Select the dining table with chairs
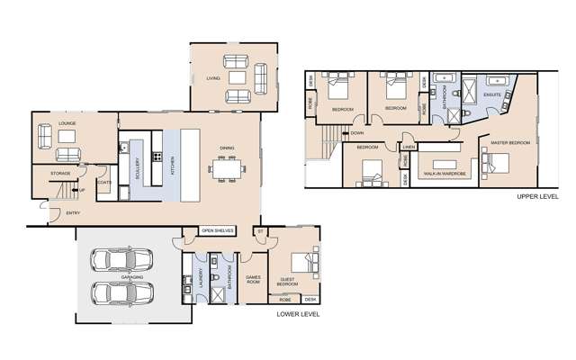coord(225,168)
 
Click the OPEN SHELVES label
coord(218,230)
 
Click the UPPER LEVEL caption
coord(537,195)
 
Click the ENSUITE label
coord(492,93)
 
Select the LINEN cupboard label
coord(409,147)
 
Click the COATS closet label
coord(103,181)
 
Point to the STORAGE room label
coord(60,172)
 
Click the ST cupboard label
coord(259,230)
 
